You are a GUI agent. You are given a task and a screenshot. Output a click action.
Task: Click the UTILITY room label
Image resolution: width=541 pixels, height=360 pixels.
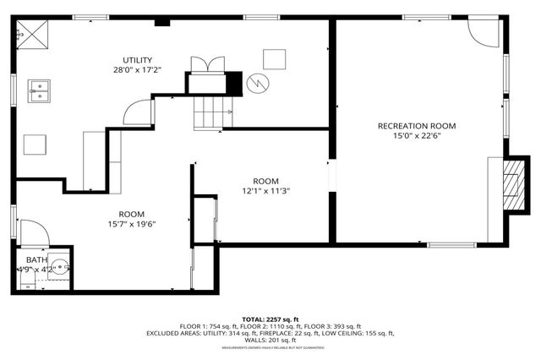pos(137,60)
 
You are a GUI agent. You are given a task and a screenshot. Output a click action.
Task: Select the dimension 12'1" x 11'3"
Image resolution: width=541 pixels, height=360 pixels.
pos(265,191)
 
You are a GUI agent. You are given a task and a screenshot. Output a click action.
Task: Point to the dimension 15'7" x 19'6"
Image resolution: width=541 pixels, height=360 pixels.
pos(131,224)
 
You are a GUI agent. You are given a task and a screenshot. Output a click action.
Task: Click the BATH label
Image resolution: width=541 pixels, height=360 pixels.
pos(36,259)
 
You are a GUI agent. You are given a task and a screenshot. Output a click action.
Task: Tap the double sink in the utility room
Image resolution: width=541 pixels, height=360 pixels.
pos(39,89)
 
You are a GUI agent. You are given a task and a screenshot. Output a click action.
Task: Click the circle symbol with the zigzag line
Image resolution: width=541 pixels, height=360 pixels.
pos(257,83)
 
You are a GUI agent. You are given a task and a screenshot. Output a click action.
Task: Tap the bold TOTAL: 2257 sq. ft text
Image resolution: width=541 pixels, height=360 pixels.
pos(270,319)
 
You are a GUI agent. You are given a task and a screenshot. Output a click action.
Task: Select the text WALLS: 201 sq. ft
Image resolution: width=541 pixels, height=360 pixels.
pos(270,340)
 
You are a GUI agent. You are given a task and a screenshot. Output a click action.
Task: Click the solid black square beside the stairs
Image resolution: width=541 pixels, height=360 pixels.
pos(234,84)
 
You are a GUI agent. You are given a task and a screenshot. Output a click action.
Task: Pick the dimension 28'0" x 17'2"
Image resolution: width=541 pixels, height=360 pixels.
pos(137,71)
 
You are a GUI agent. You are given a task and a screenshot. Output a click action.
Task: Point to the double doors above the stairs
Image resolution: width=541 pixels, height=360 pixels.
pos(207,65)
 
